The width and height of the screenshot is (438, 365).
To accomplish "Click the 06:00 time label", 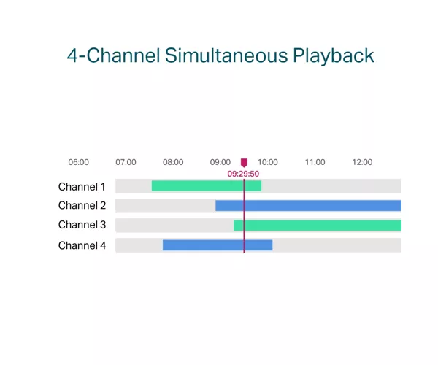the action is coord(79,162).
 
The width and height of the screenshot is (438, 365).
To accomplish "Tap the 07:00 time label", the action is coord(126,162).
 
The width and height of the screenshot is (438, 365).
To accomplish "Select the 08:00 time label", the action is coord(173,162).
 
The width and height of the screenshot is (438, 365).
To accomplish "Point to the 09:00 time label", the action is coord(220,162).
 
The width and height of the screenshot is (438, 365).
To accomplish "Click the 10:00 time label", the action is coord(268,162).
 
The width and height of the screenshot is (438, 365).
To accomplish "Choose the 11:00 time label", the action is coord(315,162).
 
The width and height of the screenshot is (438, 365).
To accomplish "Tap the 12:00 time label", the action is coord(362,162).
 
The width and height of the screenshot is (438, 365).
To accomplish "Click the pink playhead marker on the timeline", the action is coord(244,163).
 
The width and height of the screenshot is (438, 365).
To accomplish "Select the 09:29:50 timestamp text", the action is coord(243,174).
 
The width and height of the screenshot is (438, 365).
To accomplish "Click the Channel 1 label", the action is coord(82,187).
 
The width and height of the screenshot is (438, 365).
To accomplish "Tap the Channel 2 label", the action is coord(82,205).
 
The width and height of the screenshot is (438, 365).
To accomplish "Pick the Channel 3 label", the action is coord(82,225).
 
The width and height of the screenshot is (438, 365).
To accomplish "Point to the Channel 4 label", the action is coord(82,245).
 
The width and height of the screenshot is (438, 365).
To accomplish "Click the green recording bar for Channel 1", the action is coord(207,186).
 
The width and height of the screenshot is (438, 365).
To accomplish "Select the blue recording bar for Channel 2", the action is coord(308,206).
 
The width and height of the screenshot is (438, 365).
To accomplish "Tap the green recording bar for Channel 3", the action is coord(318,226).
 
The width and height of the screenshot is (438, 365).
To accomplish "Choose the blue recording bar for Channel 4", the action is coord(218,245).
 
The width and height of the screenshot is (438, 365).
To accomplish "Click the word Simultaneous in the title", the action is coord(226,55).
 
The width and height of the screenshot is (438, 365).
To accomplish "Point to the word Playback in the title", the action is coord(334,56).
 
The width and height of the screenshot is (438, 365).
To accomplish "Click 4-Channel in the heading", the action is coord(113,55).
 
